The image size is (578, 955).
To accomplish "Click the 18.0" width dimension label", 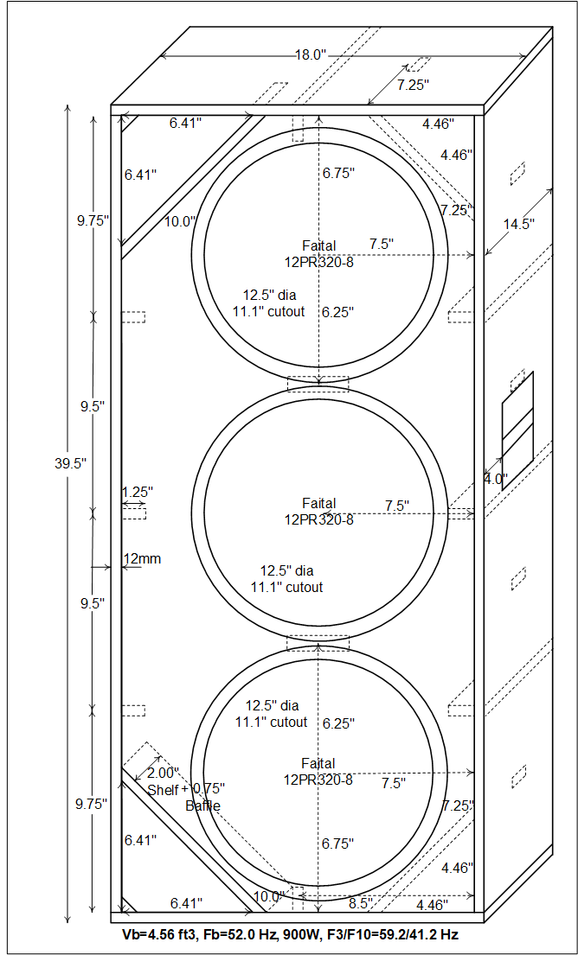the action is click(x=312, y=55).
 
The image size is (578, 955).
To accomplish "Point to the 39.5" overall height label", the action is click(x=70, y=463).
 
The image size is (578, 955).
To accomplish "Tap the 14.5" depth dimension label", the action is click(x=519, y=224).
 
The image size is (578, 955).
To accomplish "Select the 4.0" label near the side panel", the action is click(x=496, y=480).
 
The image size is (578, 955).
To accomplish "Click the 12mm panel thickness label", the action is click(x=142, y=558).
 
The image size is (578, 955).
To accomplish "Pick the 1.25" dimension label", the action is click(x=138, y=491).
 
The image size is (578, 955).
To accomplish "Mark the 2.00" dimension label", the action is click(x=164, y=774).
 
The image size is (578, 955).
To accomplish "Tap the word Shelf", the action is click(x=164, y=789).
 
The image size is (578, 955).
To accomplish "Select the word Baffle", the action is click(x=203, y=805).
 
